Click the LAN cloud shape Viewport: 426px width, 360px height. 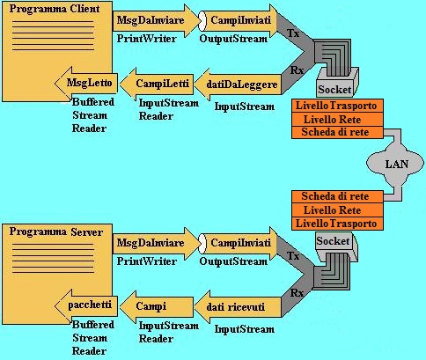point(395,164)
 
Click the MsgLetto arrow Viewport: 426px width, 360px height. point(86,84)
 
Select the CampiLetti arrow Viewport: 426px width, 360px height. point(157,84)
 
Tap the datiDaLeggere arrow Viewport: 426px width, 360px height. point(238,84)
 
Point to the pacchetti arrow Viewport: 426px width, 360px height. point(86,306)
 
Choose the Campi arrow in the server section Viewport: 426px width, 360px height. point(157,306)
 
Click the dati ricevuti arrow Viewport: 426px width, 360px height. point(238,307)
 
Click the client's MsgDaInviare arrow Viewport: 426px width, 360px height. point(156,20)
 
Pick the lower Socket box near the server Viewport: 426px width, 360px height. point(336,246)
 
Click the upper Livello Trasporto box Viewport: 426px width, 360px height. point(337,106)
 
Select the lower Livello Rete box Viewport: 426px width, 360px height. point(337,210)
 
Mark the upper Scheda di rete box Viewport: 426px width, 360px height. point(337,132)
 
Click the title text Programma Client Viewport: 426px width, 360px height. point(55,9)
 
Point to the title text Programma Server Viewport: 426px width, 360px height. point(56,231)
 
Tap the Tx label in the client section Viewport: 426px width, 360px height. point(293,33)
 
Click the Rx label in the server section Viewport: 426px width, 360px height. point(297,293)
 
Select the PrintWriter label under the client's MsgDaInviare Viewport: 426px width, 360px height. point(147,39)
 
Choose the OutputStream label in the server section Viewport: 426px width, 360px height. point(233,261)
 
